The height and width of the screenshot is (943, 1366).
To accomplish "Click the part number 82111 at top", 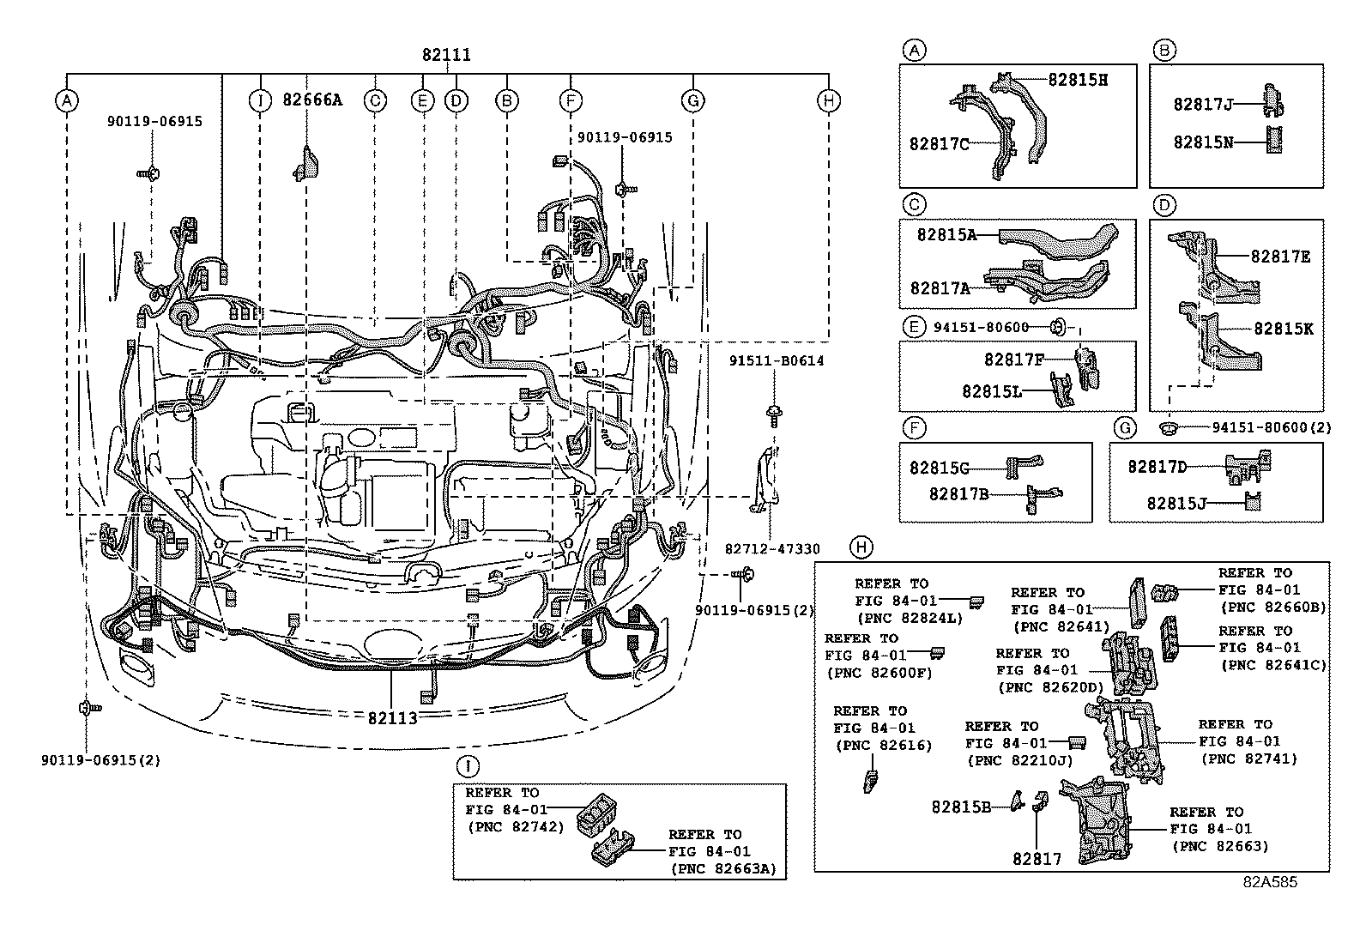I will tap(445, 55).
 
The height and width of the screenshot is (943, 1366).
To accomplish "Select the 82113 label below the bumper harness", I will tap(393, 717).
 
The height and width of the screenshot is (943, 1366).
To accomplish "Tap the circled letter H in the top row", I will tap(828, 100).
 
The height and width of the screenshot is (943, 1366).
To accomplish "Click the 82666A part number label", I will tap(312, 100).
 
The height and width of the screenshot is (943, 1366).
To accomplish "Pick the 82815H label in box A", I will tap(1079, 80).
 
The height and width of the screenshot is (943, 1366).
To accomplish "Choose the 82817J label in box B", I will tap(1203, 105).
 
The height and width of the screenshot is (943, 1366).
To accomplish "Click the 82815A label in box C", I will tap(946, 234).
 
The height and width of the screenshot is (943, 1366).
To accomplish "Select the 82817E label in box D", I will tap(1280, 256).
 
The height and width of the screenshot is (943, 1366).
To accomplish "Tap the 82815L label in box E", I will tap(992, 391).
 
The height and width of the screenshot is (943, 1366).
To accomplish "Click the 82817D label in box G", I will tap(1157, 467).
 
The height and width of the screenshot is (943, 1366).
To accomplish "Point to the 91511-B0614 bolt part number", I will tap(777, 361).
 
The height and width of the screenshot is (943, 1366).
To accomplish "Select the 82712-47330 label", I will tap(771, 549).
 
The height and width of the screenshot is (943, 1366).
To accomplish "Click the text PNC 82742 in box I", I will tap(515, 827).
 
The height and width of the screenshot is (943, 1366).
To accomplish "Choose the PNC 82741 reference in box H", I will tap(1249, 759).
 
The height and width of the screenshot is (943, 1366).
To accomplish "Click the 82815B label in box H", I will tap(961, 807).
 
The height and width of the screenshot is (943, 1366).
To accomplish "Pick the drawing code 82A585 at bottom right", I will tap(1272, 882).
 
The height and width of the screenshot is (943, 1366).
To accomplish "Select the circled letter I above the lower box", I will tap(467, 766).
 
